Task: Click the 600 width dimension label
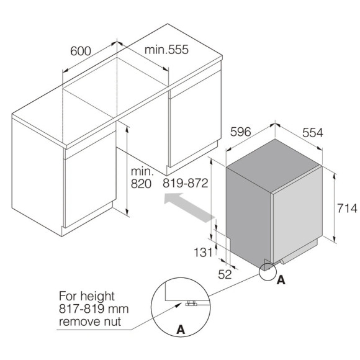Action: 81,51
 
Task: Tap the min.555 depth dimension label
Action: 166,50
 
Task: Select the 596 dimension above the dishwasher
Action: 241,132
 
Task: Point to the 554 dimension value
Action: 312,133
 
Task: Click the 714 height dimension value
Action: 347,209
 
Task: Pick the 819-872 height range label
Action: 186,183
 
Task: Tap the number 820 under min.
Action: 141,184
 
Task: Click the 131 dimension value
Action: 203,253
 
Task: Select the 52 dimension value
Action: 225,274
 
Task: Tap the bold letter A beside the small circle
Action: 281,280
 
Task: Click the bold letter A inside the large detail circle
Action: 181,330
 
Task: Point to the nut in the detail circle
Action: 191,303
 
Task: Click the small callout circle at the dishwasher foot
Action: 268,272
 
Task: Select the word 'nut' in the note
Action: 112,321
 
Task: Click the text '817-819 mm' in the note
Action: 94,309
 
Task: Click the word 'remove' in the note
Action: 79,322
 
